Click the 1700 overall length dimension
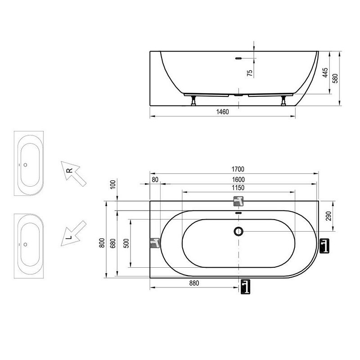(238, 169)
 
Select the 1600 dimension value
(238, 180)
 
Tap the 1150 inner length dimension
(238, 188)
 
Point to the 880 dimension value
(194, 283)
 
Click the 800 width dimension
(102, 243)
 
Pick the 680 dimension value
(113, 243)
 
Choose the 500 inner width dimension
(126, 243)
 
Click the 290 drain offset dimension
(328, 216)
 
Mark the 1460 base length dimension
(222, 112)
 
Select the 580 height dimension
(335, 78)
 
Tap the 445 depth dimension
(325, 72)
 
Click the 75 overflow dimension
(250, 73)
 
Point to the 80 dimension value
(155, 180)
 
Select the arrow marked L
(73, 234)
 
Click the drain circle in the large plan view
(238, 231)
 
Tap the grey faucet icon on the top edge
(238, 201)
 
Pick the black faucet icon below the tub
(245, 287)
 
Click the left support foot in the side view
(193, 100)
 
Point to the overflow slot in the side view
(238, 58)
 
